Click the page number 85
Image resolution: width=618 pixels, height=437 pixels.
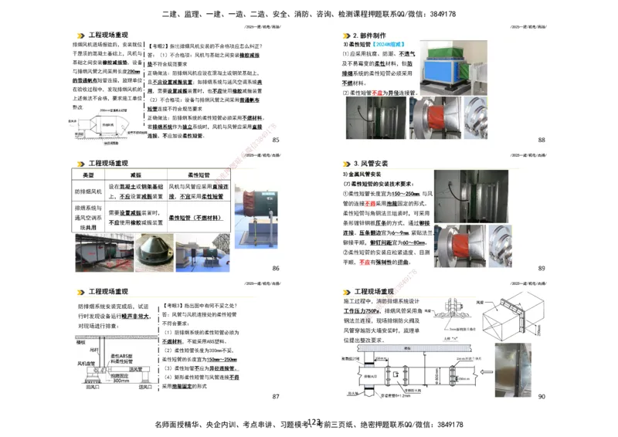(x=276, y=140)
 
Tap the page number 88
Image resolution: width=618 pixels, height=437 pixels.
(x=542, y=140)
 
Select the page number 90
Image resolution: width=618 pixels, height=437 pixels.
(x=542, y=396)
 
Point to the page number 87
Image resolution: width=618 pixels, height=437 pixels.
(x=276, y=397)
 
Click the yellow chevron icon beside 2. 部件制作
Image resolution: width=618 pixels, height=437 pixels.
(x=345, y=36)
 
